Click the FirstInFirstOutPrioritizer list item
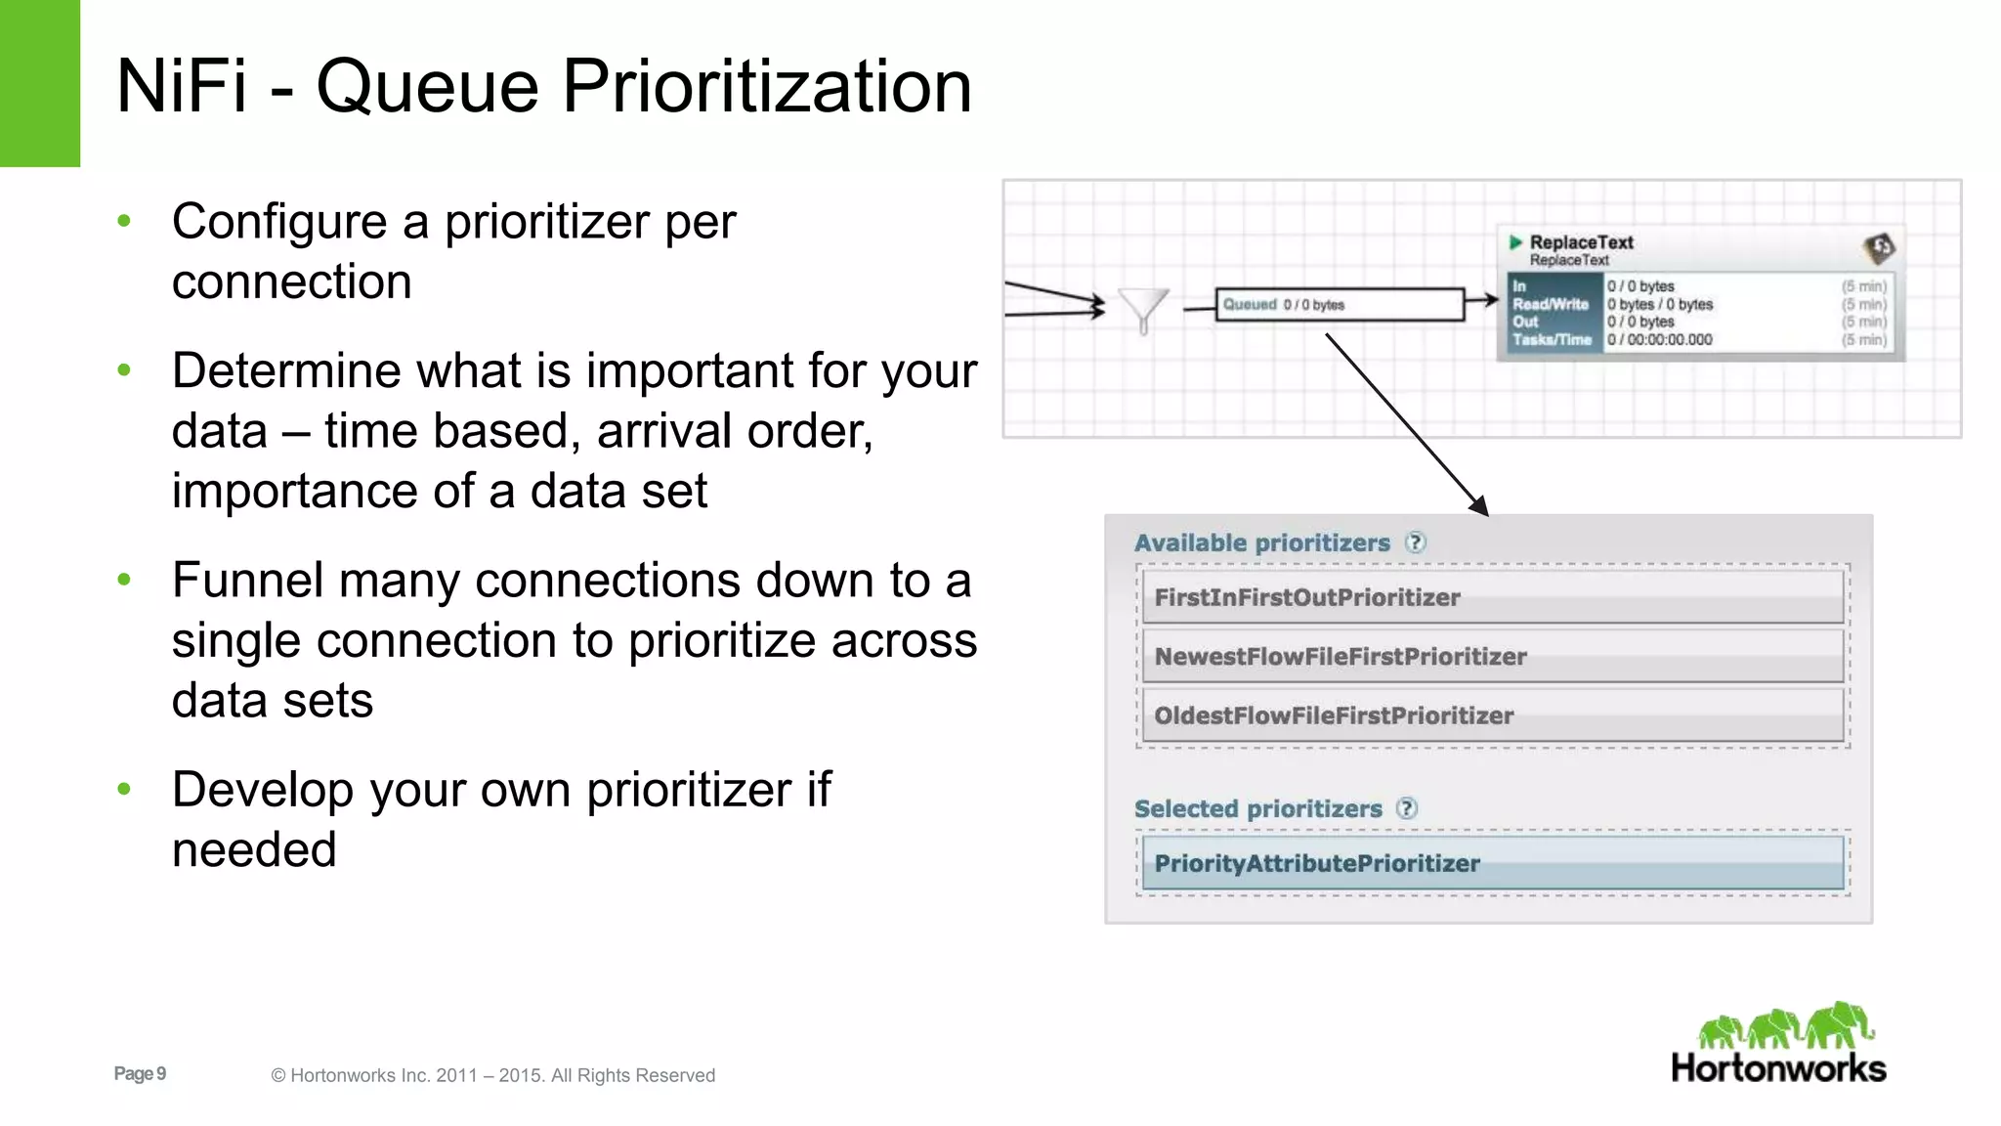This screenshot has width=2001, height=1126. coord(1492,597)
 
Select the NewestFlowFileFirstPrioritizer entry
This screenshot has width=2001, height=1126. coord(1492,657)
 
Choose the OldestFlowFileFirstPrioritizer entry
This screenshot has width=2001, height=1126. coord(1492,715)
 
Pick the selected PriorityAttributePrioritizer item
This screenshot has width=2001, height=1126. coord(1492,863)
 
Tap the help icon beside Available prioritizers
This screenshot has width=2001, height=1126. coord(1415,542)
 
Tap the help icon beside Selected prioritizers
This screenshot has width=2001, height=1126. coord(1407,808)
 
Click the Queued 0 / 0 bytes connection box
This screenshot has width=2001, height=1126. coord(1340,305)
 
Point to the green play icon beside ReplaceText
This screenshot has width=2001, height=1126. coord(1515,241)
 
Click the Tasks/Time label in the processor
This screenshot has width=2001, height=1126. coord(1552,340)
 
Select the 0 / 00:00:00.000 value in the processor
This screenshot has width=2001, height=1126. coord(1660,340)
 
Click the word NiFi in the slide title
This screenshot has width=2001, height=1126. coord(182,88)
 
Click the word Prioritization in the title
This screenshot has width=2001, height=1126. coord(767,88)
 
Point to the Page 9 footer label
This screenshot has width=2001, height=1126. coord(140,1073)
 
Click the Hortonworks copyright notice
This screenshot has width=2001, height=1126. coord(492,1075)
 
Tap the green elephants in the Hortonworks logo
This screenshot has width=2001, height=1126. coord(1786,1026)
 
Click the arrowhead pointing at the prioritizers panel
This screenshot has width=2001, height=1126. coord(1479,506)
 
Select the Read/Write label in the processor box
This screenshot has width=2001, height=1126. coord(1551,305)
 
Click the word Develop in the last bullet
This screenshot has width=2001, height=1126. coord(262,790)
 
